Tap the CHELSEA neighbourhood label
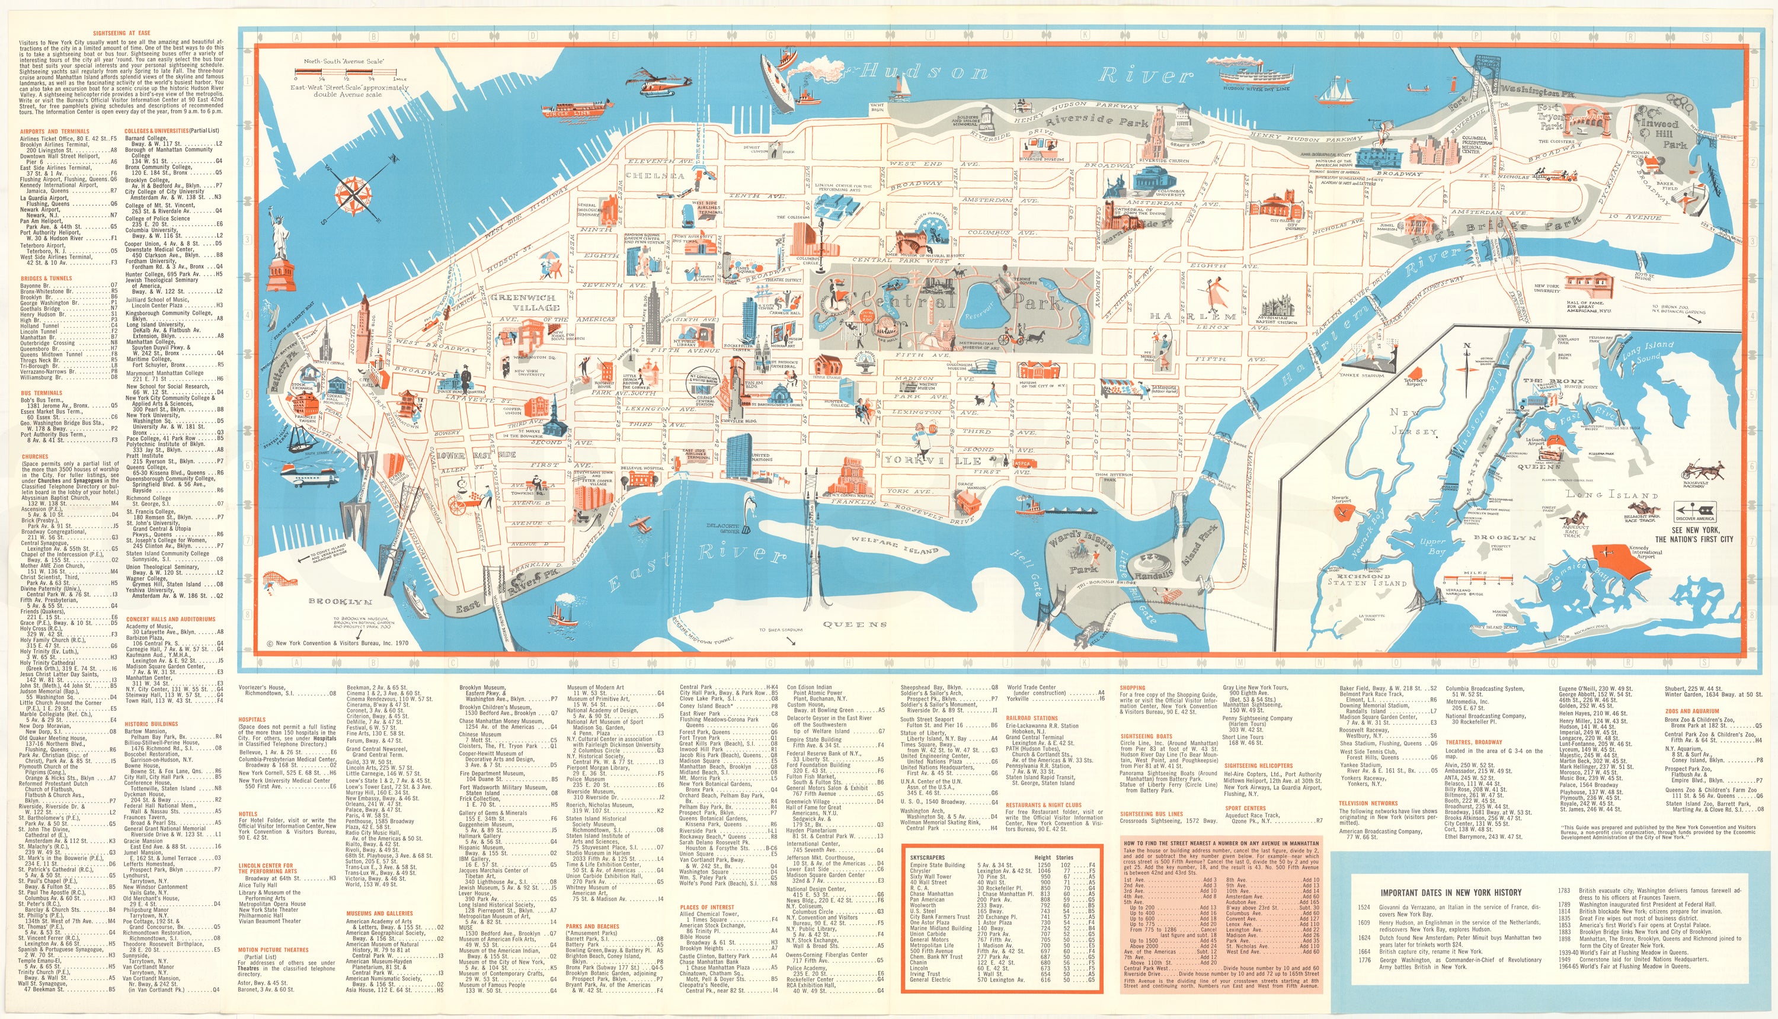[654, 176]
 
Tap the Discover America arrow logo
[1694, 509]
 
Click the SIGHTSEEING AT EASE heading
[121, 34]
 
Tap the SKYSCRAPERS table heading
[927, 857]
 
